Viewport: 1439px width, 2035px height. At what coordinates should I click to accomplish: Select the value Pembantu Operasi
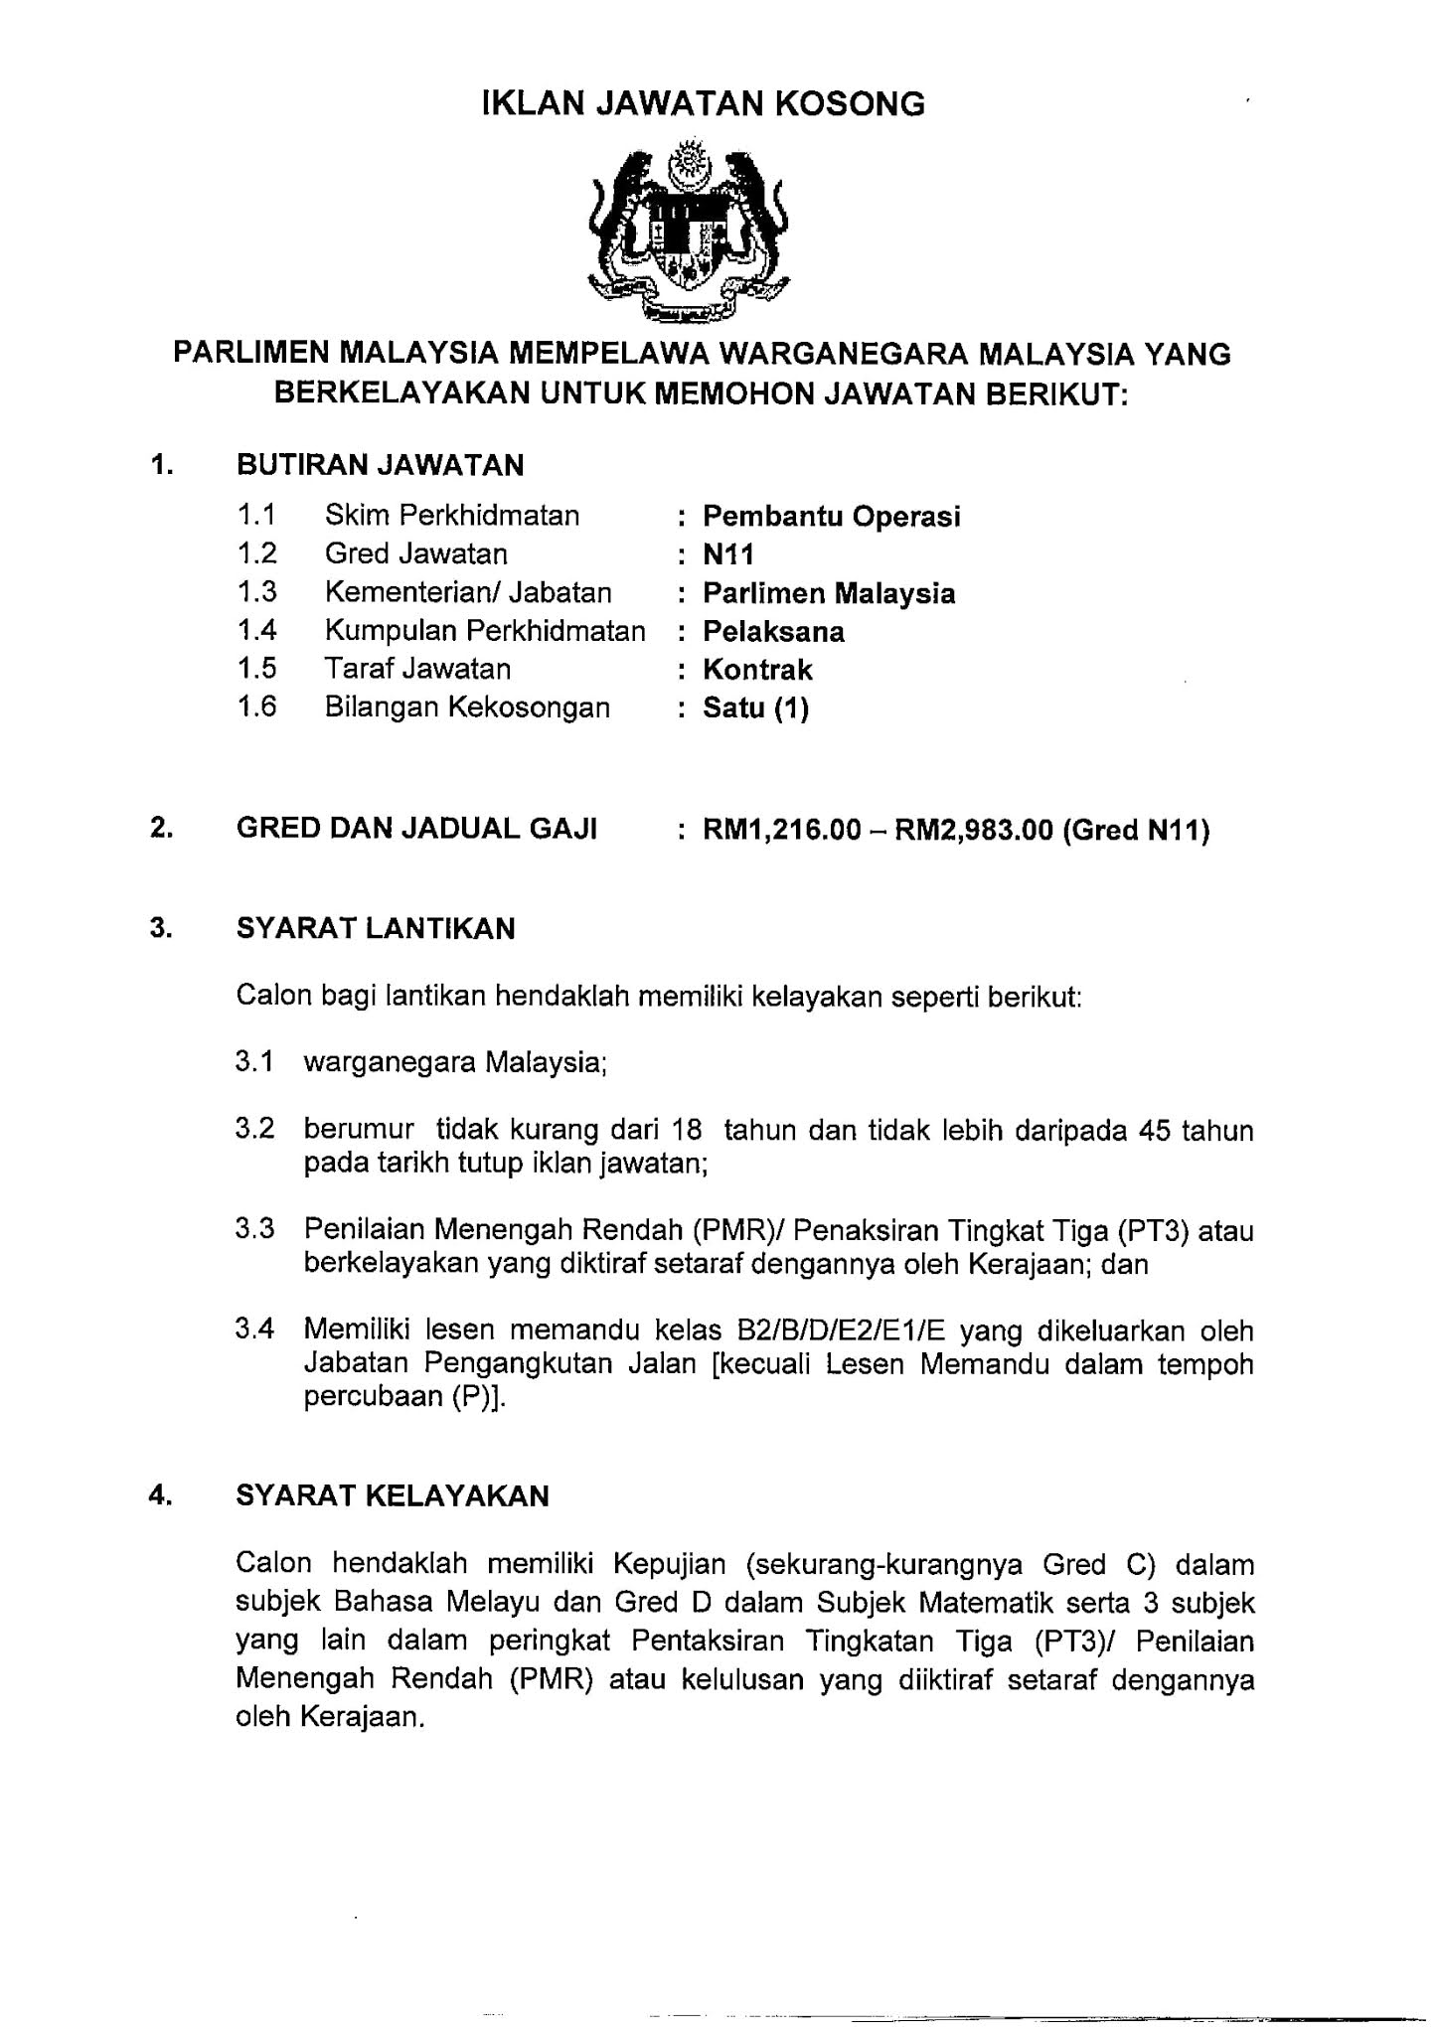click(831, 517)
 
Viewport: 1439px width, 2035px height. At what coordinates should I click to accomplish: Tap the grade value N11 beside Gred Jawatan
click(728, 555)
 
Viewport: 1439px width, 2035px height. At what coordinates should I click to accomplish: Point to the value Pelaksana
click(773, 632)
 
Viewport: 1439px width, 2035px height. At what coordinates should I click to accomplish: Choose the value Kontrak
click(757, 670)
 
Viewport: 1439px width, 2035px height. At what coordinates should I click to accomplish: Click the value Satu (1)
click(755, 708)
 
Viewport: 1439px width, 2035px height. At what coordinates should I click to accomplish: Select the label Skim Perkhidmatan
click(451, 516)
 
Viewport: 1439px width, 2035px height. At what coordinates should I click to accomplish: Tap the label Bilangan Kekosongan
click(467, 707)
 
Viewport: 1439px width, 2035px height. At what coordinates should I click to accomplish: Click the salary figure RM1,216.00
click(781, 830)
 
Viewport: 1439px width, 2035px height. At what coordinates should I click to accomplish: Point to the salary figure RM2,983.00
click(973, 830)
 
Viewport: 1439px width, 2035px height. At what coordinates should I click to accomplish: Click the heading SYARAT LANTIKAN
click(376, 929)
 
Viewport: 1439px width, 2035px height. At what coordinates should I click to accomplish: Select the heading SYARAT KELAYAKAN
click(393, 1496)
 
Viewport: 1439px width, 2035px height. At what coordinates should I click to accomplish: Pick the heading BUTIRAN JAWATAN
click(380, 465)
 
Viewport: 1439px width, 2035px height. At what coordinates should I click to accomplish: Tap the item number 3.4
click(254, 1329)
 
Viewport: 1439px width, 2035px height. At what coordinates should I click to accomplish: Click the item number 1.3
click(256, 593)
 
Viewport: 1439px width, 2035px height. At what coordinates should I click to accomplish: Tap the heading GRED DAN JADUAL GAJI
click(416, 829)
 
